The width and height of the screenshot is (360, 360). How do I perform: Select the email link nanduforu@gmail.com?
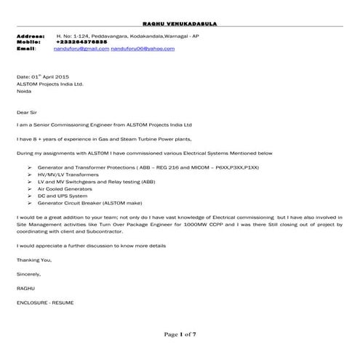(82, 48)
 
